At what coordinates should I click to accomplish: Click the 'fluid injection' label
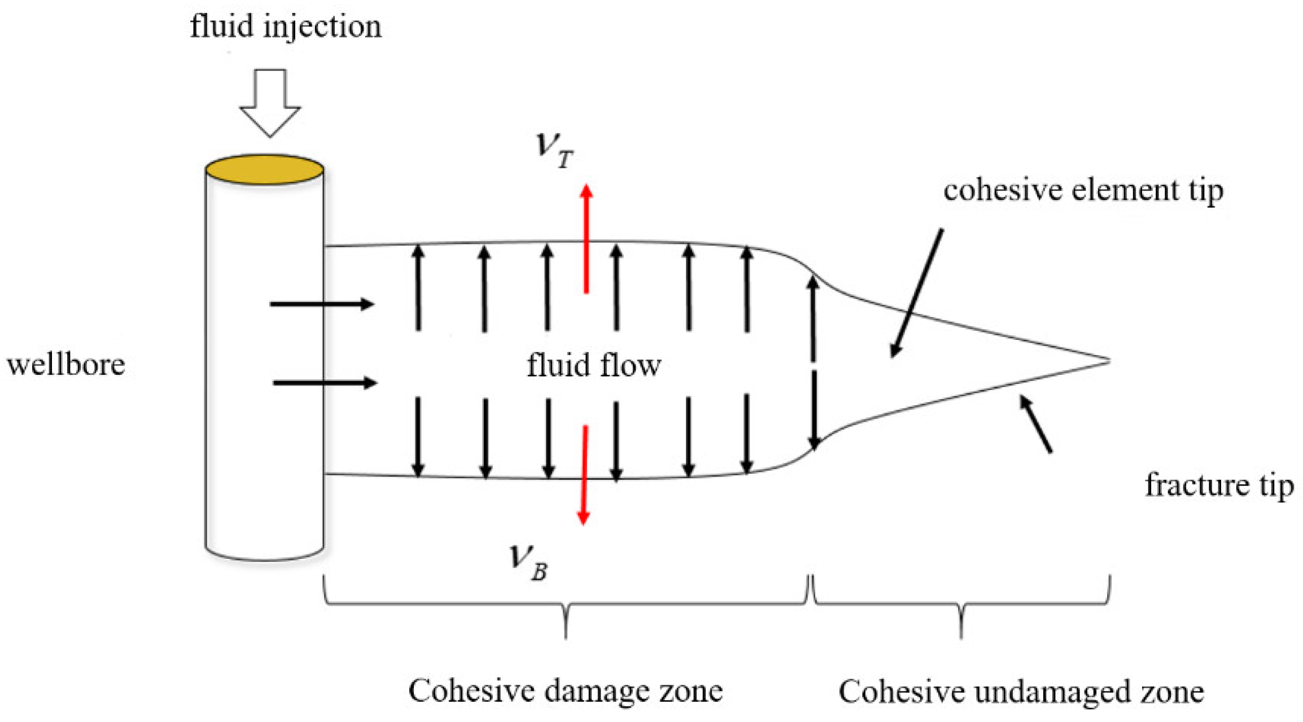[286, 27]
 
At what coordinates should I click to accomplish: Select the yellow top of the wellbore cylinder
[264, 169]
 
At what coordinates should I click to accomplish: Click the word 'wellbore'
[66, 364]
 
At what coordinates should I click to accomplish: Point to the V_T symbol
[554, 150]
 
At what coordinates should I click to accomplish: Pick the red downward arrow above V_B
[584, 475]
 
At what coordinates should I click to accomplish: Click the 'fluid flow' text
[594, 365]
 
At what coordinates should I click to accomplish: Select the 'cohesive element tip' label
[1083, 190]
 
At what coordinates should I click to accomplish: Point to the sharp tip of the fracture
[1108, 360]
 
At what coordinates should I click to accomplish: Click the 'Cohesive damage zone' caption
[565, 691]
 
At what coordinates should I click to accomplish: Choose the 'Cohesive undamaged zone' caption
[1021, 692]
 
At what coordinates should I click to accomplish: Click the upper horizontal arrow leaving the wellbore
[322, 304]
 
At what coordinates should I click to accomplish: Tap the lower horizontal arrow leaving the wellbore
[325, 383]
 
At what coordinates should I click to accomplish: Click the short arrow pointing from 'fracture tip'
[1035, 424]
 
